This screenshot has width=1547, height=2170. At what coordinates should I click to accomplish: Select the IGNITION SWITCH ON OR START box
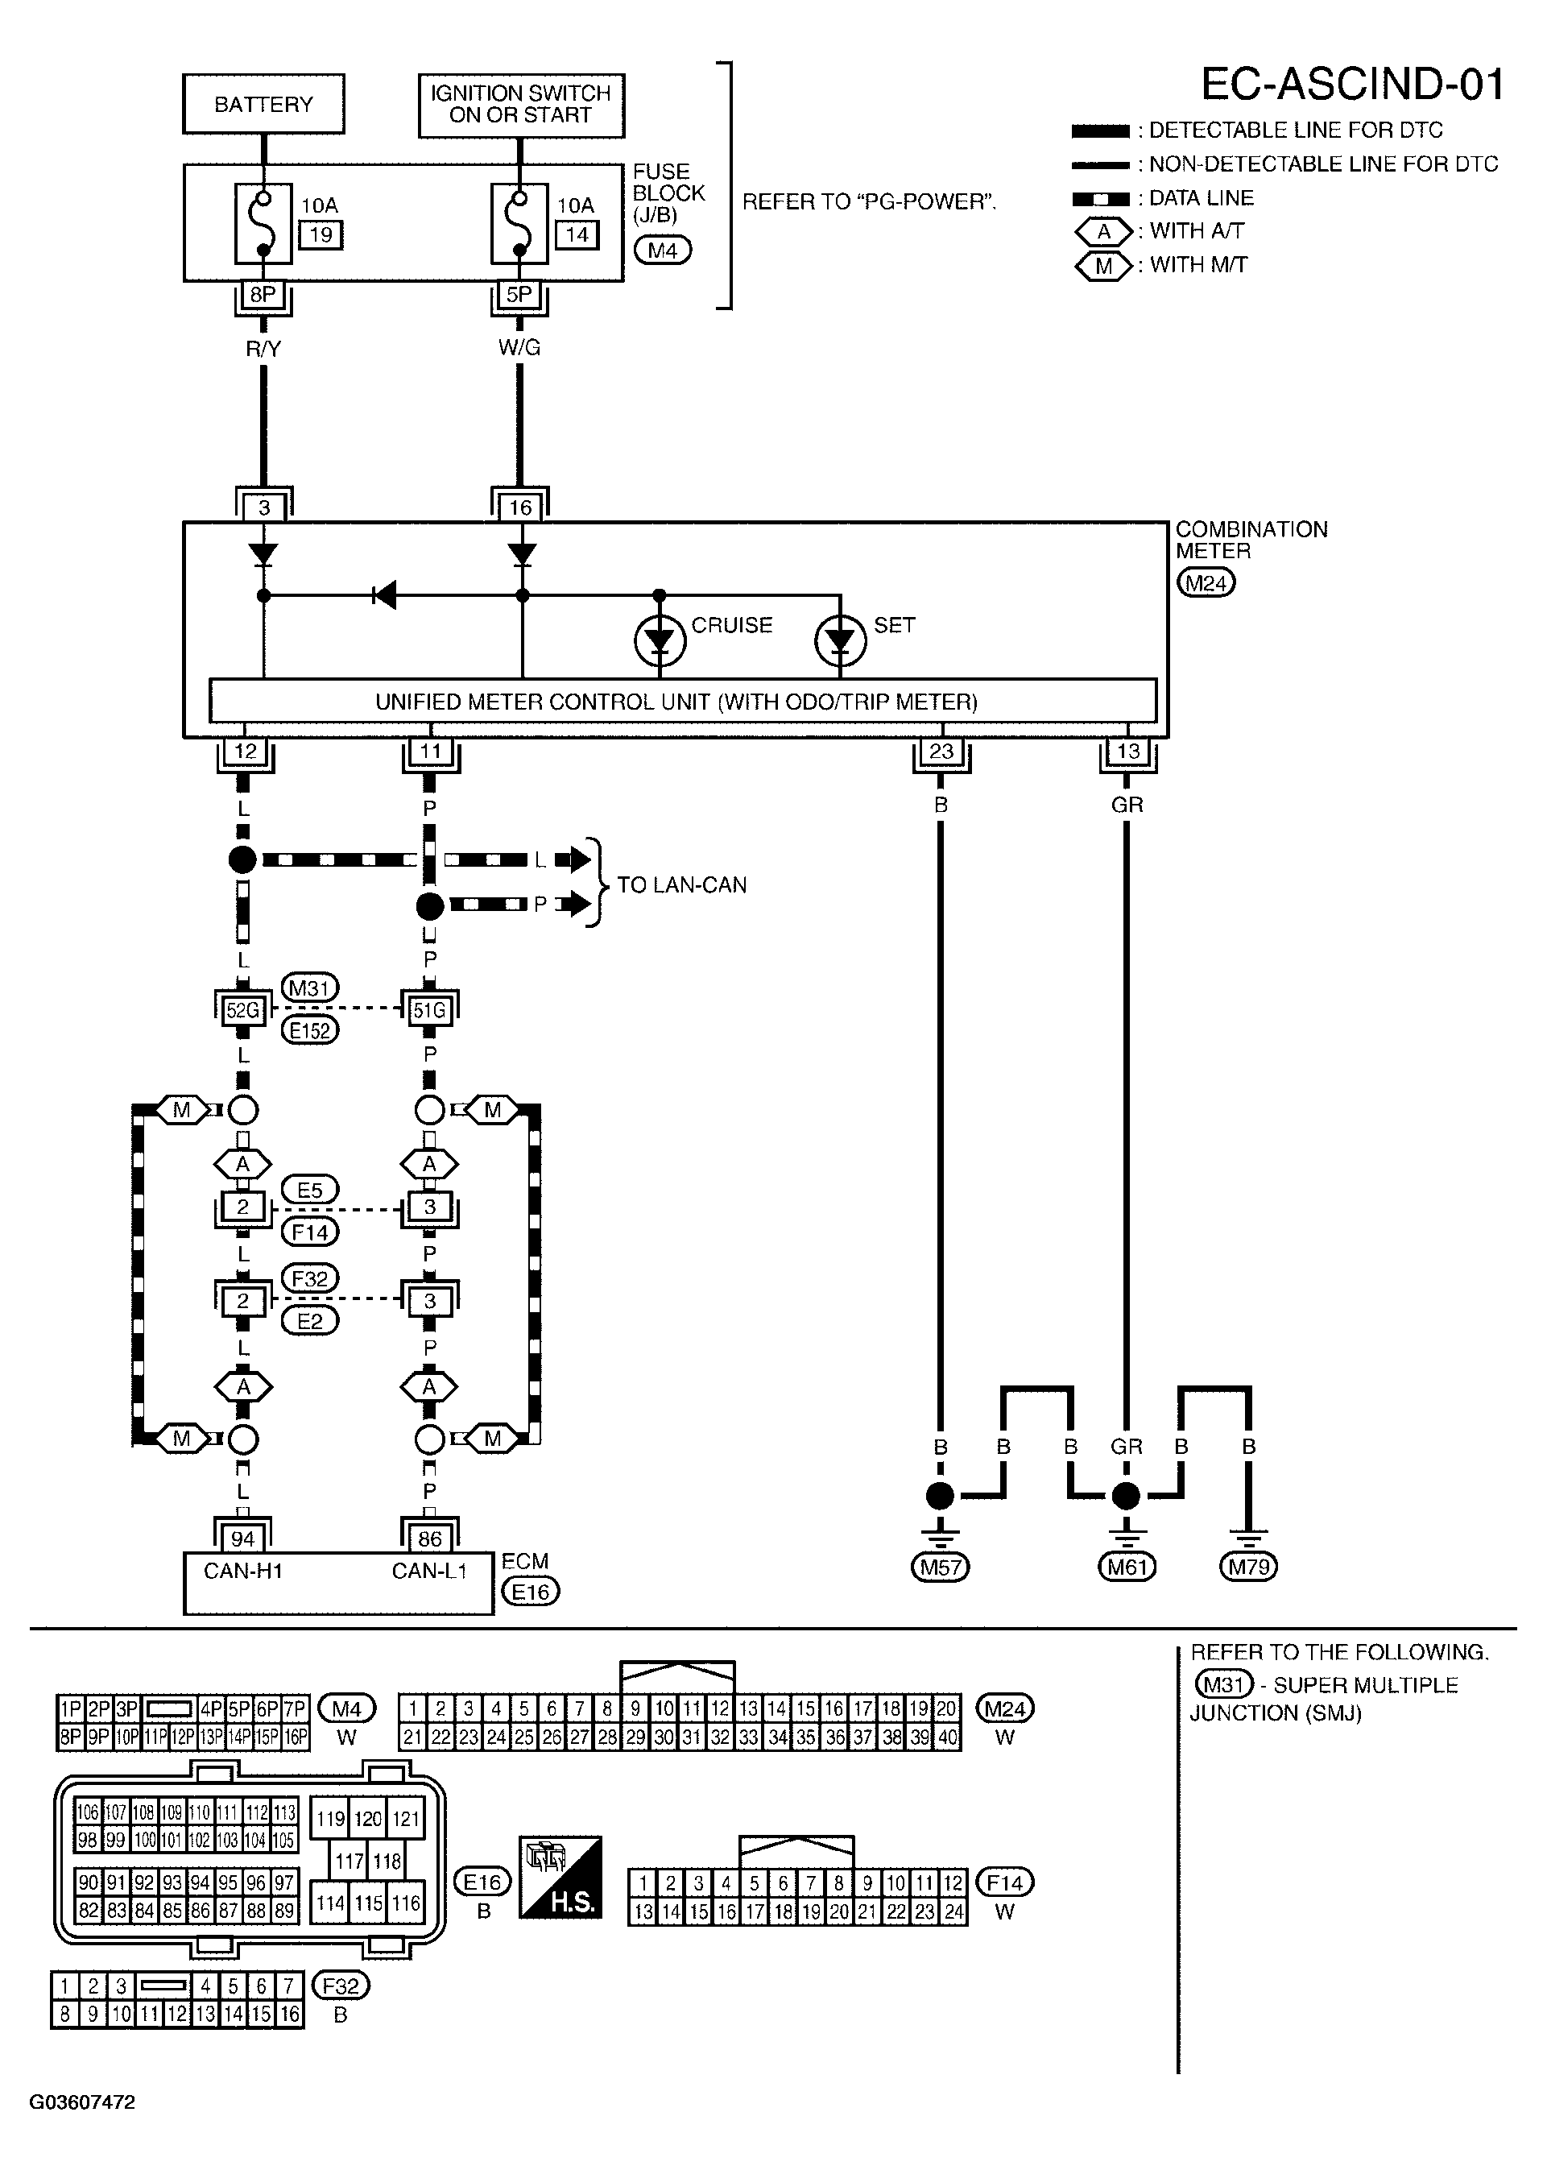(520, 105)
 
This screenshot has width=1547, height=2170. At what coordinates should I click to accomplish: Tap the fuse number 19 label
(321, 234)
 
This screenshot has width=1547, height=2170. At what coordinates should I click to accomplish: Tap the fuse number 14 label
(577, 234)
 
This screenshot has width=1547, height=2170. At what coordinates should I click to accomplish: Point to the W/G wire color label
(519, 348)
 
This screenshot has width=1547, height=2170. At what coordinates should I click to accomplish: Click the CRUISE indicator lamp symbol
(660, 641)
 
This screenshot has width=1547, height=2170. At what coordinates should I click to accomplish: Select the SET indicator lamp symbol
(840, 641)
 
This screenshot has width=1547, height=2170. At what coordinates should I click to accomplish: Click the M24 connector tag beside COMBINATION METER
(1206, 583)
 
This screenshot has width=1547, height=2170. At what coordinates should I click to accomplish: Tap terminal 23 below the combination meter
(941, 751)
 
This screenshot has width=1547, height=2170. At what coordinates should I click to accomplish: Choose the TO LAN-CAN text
(681, 885)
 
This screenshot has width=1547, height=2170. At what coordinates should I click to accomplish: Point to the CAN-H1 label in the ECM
(243, 1571)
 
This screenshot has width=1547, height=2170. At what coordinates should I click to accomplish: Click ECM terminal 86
(429, 1538)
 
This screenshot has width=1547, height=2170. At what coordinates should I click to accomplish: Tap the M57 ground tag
(941, 1566)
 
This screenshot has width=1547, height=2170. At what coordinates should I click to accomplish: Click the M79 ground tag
(1248, 1566)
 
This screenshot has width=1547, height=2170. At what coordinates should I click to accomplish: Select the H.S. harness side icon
(560, 1876)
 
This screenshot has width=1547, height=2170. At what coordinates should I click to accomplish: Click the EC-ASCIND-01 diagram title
(1352, 84)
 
